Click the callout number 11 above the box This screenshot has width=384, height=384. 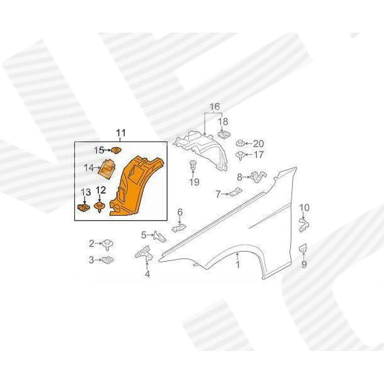point(121,133)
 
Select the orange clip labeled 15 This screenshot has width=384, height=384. point(116,150)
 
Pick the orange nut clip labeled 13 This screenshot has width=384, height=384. point(84,208)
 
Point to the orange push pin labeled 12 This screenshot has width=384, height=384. point(99,207)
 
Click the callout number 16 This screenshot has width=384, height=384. point(214,107)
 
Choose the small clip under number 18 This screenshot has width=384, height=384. point(224,135)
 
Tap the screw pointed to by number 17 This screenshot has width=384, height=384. point(240,155)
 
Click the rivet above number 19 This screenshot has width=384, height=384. point(193,165)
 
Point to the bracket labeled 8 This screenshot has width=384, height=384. point(258,176)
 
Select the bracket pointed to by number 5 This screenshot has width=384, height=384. point(160,236)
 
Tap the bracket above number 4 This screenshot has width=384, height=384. point(145,254)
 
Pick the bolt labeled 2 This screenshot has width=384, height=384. point(108,244)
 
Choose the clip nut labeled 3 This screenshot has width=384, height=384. point(108,259)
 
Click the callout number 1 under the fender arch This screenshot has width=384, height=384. point(237,265)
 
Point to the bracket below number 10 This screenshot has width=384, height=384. point(304,225)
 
